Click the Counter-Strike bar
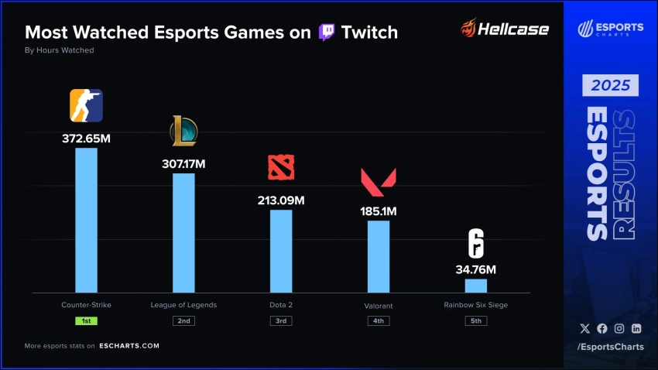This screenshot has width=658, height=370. (x=86, y=220)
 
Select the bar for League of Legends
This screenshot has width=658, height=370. (x=183, y=232)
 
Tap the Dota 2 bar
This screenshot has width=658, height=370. (x=281, y=251)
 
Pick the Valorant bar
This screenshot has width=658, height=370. (x=379, y=256)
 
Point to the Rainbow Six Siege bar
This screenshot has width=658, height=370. (x=476, y=286)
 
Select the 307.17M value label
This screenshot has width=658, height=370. (x=183, y=164)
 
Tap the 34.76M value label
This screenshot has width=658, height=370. (x=476, y=269)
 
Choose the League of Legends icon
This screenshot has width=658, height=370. (x=183, y=131)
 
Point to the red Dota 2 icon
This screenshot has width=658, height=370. (x=281, y=168)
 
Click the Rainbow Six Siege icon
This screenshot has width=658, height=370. (x=476, y=244)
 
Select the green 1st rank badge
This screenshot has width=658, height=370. (x=86, y=320)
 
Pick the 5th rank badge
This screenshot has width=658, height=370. (x=476, y=320)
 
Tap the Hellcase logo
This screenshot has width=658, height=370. (x=504, y=30)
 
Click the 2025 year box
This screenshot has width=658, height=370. (x=611, y=84)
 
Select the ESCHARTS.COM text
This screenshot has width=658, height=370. (x=129, y=346)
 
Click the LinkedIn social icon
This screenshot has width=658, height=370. (x=636, y=328)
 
